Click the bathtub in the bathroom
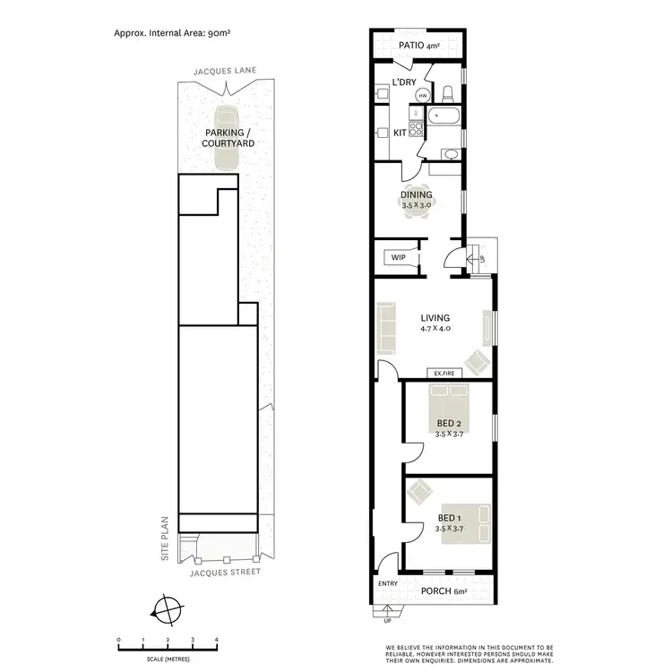444,116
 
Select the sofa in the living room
387,328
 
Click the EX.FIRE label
445,374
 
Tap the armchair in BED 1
419,492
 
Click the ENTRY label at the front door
387,584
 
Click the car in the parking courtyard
225,140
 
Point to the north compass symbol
166,610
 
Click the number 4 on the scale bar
216,640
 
